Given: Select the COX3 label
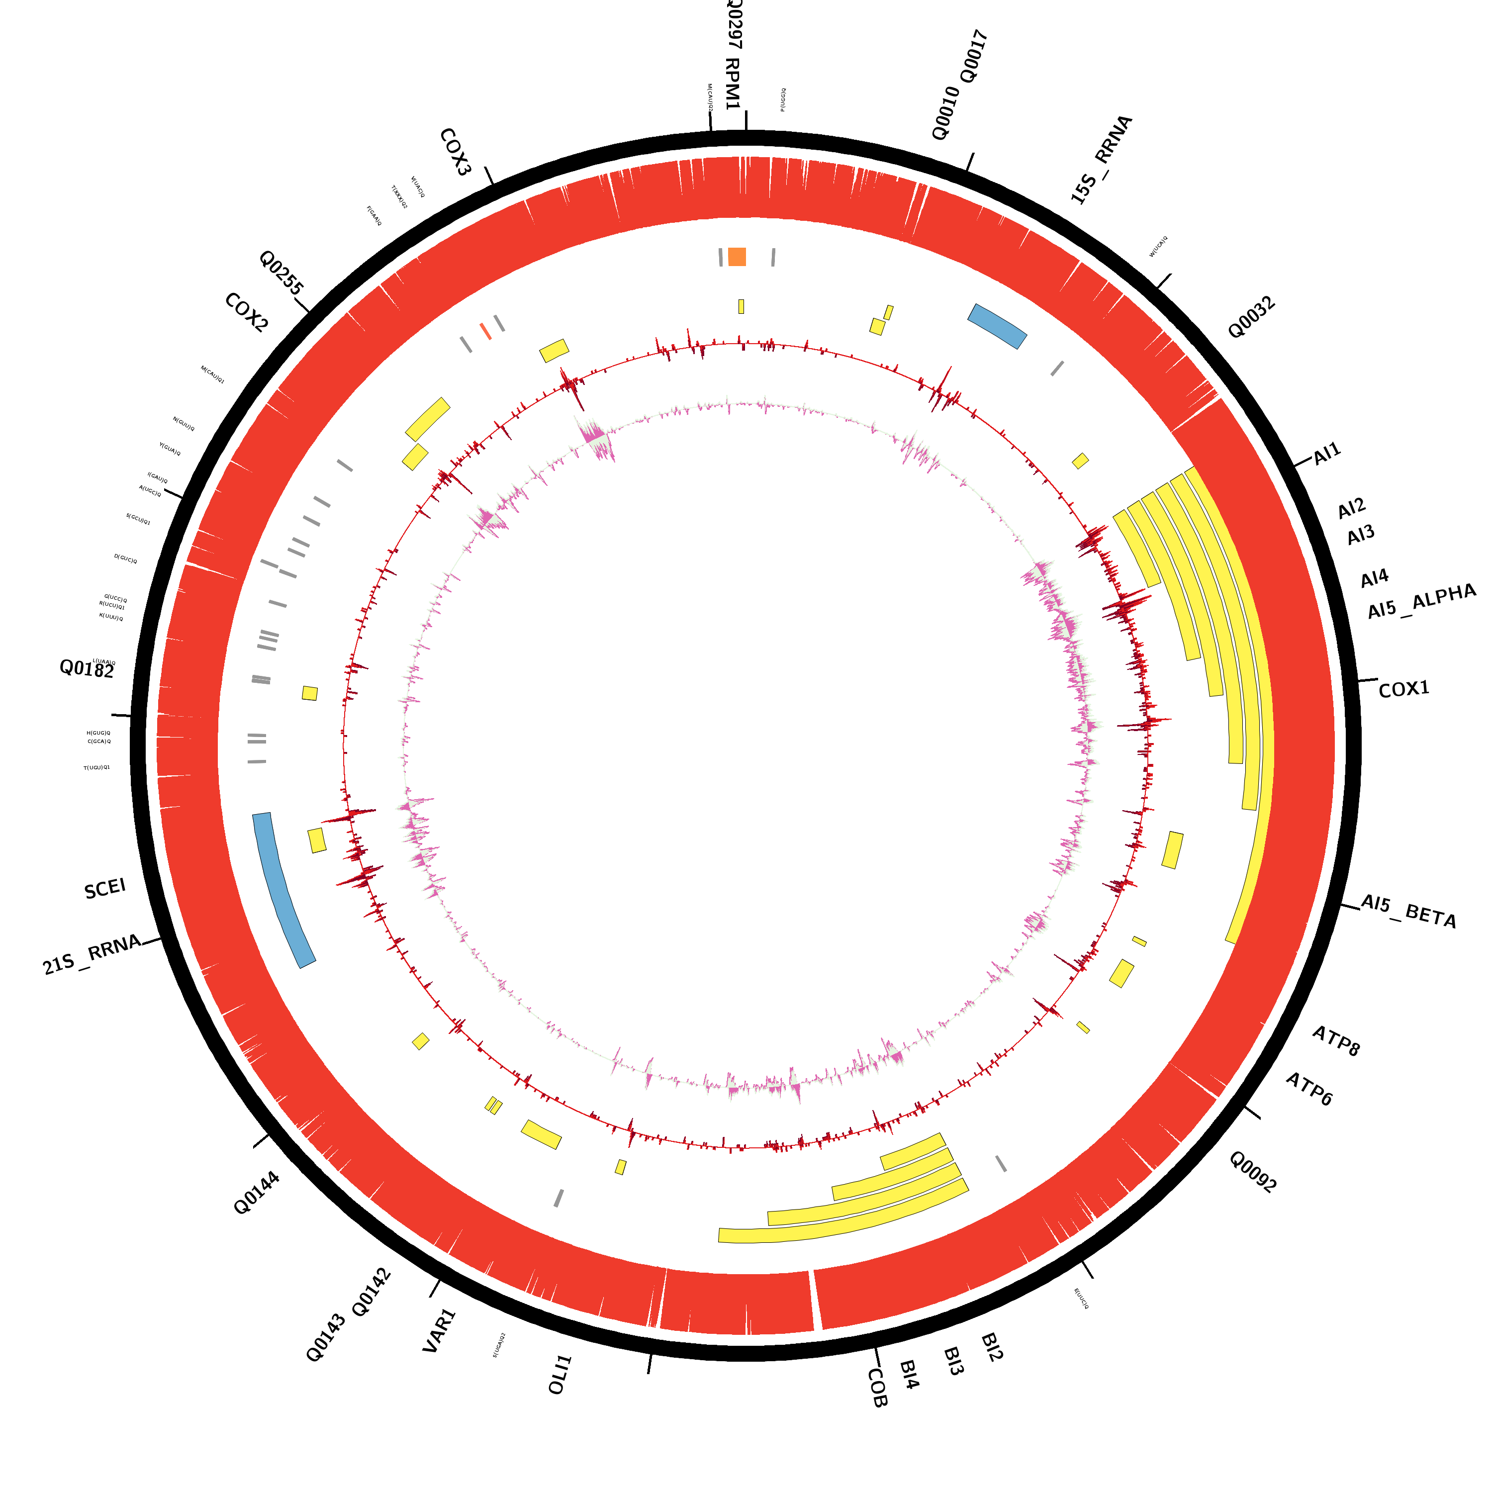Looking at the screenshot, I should point(455,152).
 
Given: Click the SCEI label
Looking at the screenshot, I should point(105,889).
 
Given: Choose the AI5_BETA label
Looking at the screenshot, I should point(1408,911).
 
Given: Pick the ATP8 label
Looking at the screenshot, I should point(1336,1041).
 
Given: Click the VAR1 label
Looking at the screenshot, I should point(440,1330).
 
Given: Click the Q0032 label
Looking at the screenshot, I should point(1251,317).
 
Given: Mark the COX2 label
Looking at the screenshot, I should point(246,313).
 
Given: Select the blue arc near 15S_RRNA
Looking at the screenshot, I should point(997,325).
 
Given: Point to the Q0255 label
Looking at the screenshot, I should point(281,272).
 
